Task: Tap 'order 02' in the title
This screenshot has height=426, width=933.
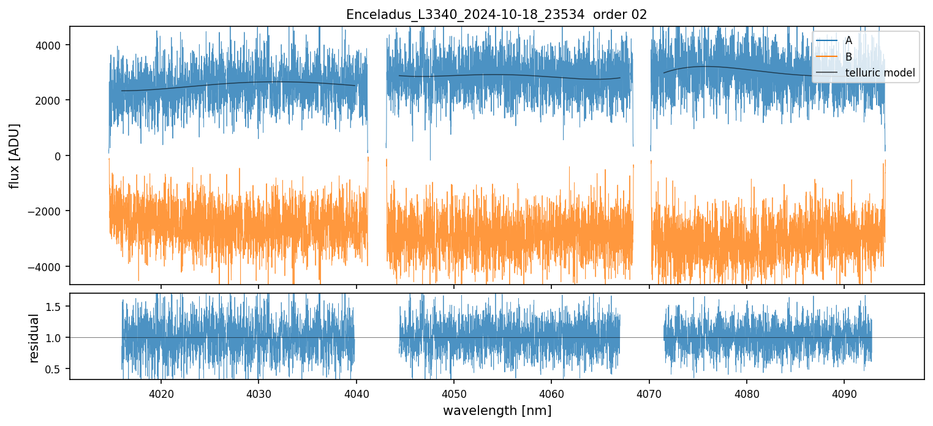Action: pos(621,14)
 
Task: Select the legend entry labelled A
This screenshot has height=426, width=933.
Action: pos(848,40)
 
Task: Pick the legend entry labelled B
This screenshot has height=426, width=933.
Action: pos(848,57)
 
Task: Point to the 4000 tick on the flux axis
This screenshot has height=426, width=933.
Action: pos(52,45)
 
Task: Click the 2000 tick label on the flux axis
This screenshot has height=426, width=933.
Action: pos(52,100)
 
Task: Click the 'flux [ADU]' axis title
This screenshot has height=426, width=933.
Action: pos(14,155)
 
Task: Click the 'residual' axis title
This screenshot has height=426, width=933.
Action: pos(35,337)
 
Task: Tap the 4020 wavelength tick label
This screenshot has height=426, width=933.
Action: pos(161,392)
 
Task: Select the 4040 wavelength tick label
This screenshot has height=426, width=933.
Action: pos(357,392)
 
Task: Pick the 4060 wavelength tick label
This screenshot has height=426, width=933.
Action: pos(551,392)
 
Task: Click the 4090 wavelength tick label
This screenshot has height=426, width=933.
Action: pos(844,392)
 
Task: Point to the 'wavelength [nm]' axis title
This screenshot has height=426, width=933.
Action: pos(497,410)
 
